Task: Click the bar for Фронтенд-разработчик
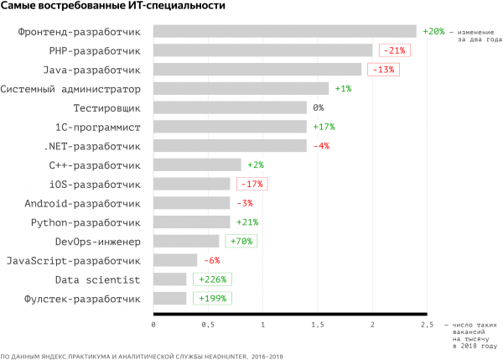(x=285, y=32)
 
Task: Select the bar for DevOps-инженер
(x=186, y=242)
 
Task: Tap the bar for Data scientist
(x=170, y=279)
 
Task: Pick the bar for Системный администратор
(x=241, y=89)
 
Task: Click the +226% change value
(x=210, y=279)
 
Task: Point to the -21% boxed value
(x=393, y=50)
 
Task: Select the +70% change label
(x=241, y=242)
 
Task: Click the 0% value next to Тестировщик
(x=319, y=108)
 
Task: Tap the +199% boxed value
(x=210, y=299)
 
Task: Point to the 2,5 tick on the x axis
(x=427, y=324)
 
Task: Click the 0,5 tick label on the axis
(x=208, y=324)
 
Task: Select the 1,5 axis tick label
(x=318, y=324)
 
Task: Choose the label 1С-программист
(x=97, y=127)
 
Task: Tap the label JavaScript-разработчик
(x=72, y=261)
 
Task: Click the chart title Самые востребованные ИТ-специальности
(x=112, y=8)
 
